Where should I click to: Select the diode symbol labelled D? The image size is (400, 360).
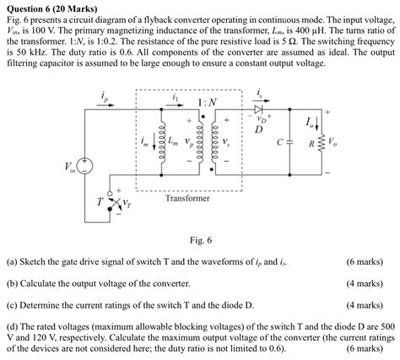pos(258,109)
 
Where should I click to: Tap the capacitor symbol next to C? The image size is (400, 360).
pos(291,142)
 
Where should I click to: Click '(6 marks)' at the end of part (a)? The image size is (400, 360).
pos(365,261)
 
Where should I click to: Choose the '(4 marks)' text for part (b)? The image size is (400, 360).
pos(365,283)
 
